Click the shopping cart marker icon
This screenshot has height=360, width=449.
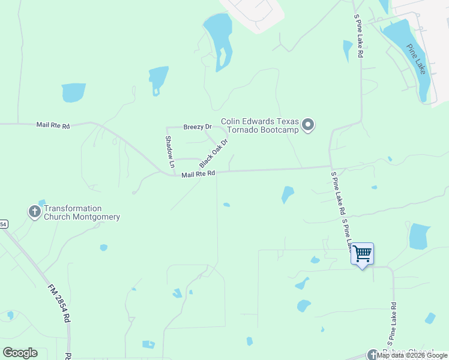(362, 254)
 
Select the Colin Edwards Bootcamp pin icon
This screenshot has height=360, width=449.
(308, 125)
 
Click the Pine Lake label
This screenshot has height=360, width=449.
(416, 59)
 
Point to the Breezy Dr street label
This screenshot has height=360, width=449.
(197, 127)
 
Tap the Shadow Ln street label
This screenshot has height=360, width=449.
(170, 151)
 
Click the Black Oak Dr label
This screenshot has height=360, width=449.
(214, 154)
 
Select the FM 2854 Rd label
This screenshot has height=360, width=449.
(59, 304)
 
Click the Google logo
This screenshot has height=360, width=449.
(20, 353)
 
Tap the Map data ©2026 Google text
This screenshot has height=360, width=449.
(412, 356)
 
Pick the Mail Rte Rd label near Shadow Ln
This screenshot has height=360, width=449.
(198, 173)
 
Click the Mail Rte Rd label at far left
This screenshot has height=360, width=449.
(53, 125)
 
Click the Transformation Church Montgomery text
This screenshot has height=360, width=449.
(82, 213)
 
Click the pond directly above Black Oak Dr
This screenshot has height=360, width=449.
(158, 79)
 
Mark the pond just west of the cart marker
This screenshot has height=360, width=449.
(315, 260)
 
